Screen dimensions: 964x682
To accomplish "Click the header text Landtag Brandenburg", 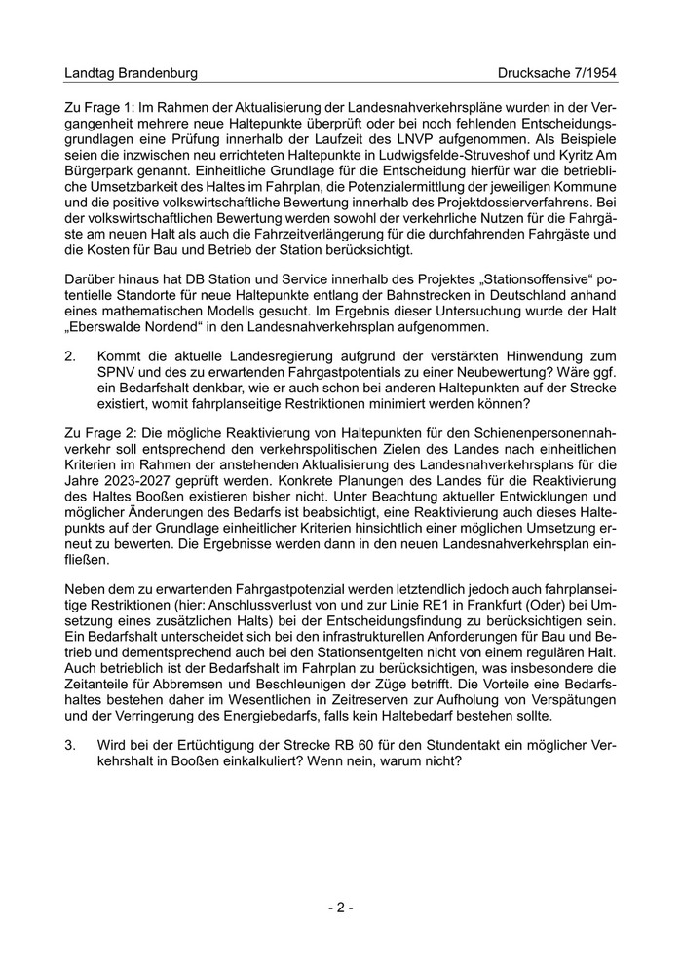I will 131,73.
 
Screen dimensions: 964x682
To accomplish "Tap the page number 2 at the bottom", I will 340,908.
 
